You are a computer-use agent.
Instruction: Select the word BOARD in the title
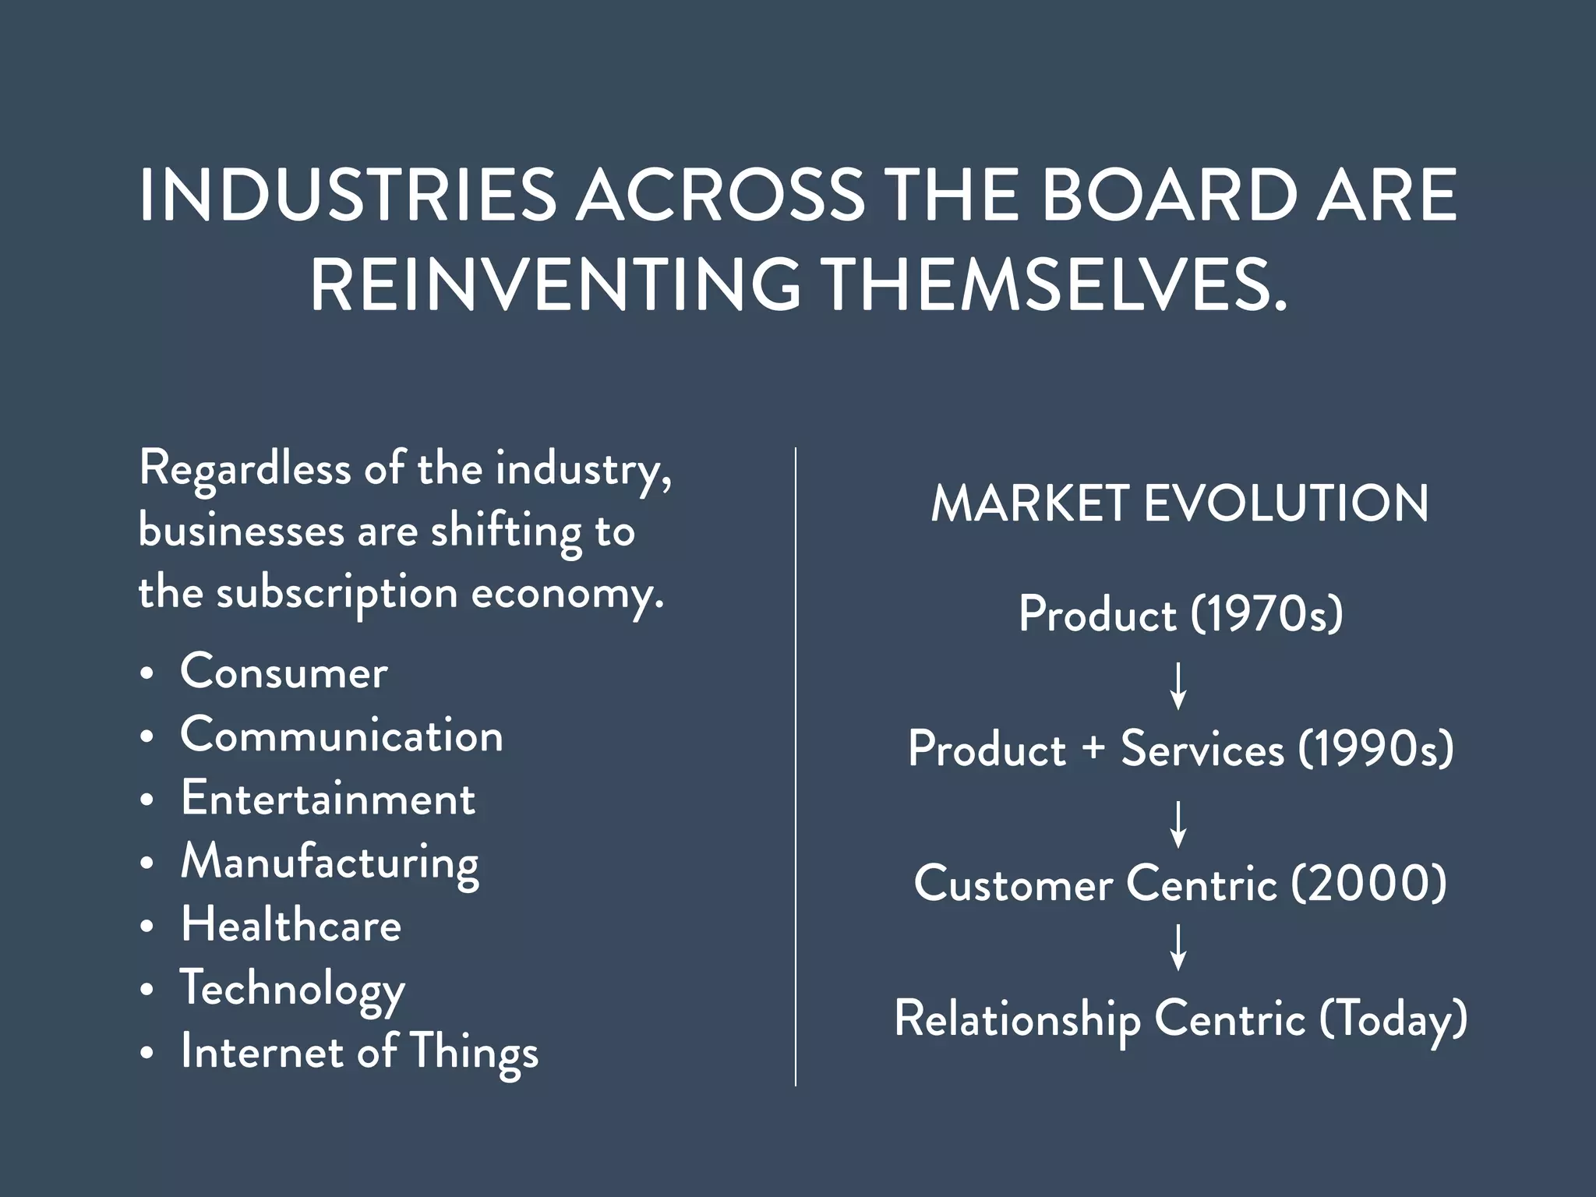(x=1168, y=196)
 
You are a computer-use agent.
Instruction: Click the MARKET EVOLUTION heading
(x=1180, y=503)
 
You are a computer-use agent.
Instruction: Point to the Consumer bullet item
(x=284, y=672)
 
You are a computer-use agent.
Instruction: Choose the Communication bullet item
(x=341, y=736)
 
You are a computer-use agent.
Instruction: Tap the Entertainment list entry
(x=327, y=799)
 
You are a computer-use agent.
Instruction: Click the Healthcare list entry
(x=291, y=925)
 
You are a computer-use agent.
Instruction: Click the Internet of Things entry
(x=359, y=1052)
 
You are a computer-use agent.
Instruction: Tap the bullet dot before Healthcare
(x=147, y=927)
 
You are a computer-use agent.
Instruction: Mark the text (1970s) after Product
(x=1266, y=614)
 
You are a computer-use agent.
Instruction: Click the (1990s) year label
(x=1375, y=749)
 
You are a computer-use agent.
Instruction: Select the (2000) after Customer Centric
(x=1368, y=884)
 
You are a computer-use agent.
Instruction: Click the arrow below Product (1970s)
(x=1179, y=685)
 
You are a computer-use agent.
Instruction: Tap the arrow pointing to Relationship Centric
(x=1179, y=947)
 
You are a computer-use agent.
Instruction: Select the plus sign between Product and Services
(x=1093, y=749)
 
